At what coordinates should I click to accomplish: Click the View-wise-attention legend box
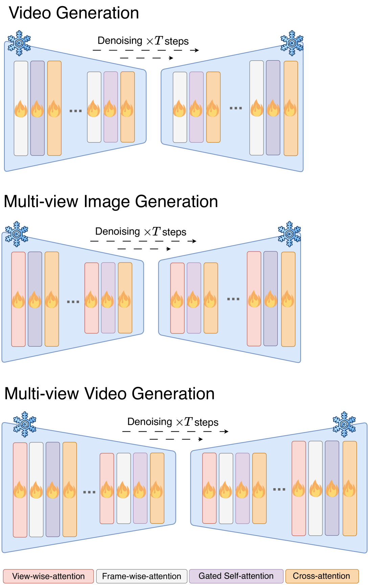pos(48,576)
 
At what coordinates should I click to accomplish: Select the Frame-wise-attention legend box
pos(141,576)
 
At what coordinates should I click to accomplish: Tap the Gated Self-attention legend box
pos(236,576)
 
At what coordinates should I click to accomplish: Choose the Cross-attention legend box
pos(322,576)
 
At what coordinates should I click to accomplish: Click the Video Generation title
pos(74,13)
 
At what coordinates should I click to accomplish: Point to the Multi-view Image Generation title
pos(111,201)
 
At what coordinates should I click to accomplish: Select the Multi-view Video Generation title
pos(109,394)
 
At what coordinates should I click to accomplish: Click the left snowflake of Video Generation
pos(19,43)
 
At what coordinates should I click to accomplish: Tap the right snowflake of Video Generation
pos(292,43)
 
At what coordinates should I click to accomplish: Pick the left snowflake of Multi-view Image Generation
pos(17,234)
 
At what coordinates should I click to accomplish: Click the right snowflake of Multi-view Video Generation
pos(344,424)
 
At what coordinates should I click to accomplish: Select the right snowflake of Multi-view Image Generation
pos(289,234)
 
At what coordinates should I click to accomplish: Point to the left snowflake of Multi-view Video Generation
pos(25,424)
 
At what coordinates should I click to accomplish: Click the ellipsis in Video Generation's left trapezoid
pos(75,111)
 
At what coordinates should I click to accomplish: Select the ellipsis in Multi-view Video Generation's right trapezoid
pos(279,490)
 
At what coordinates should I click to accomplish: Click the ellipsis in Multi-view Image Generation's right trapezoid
pos(233,299)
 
